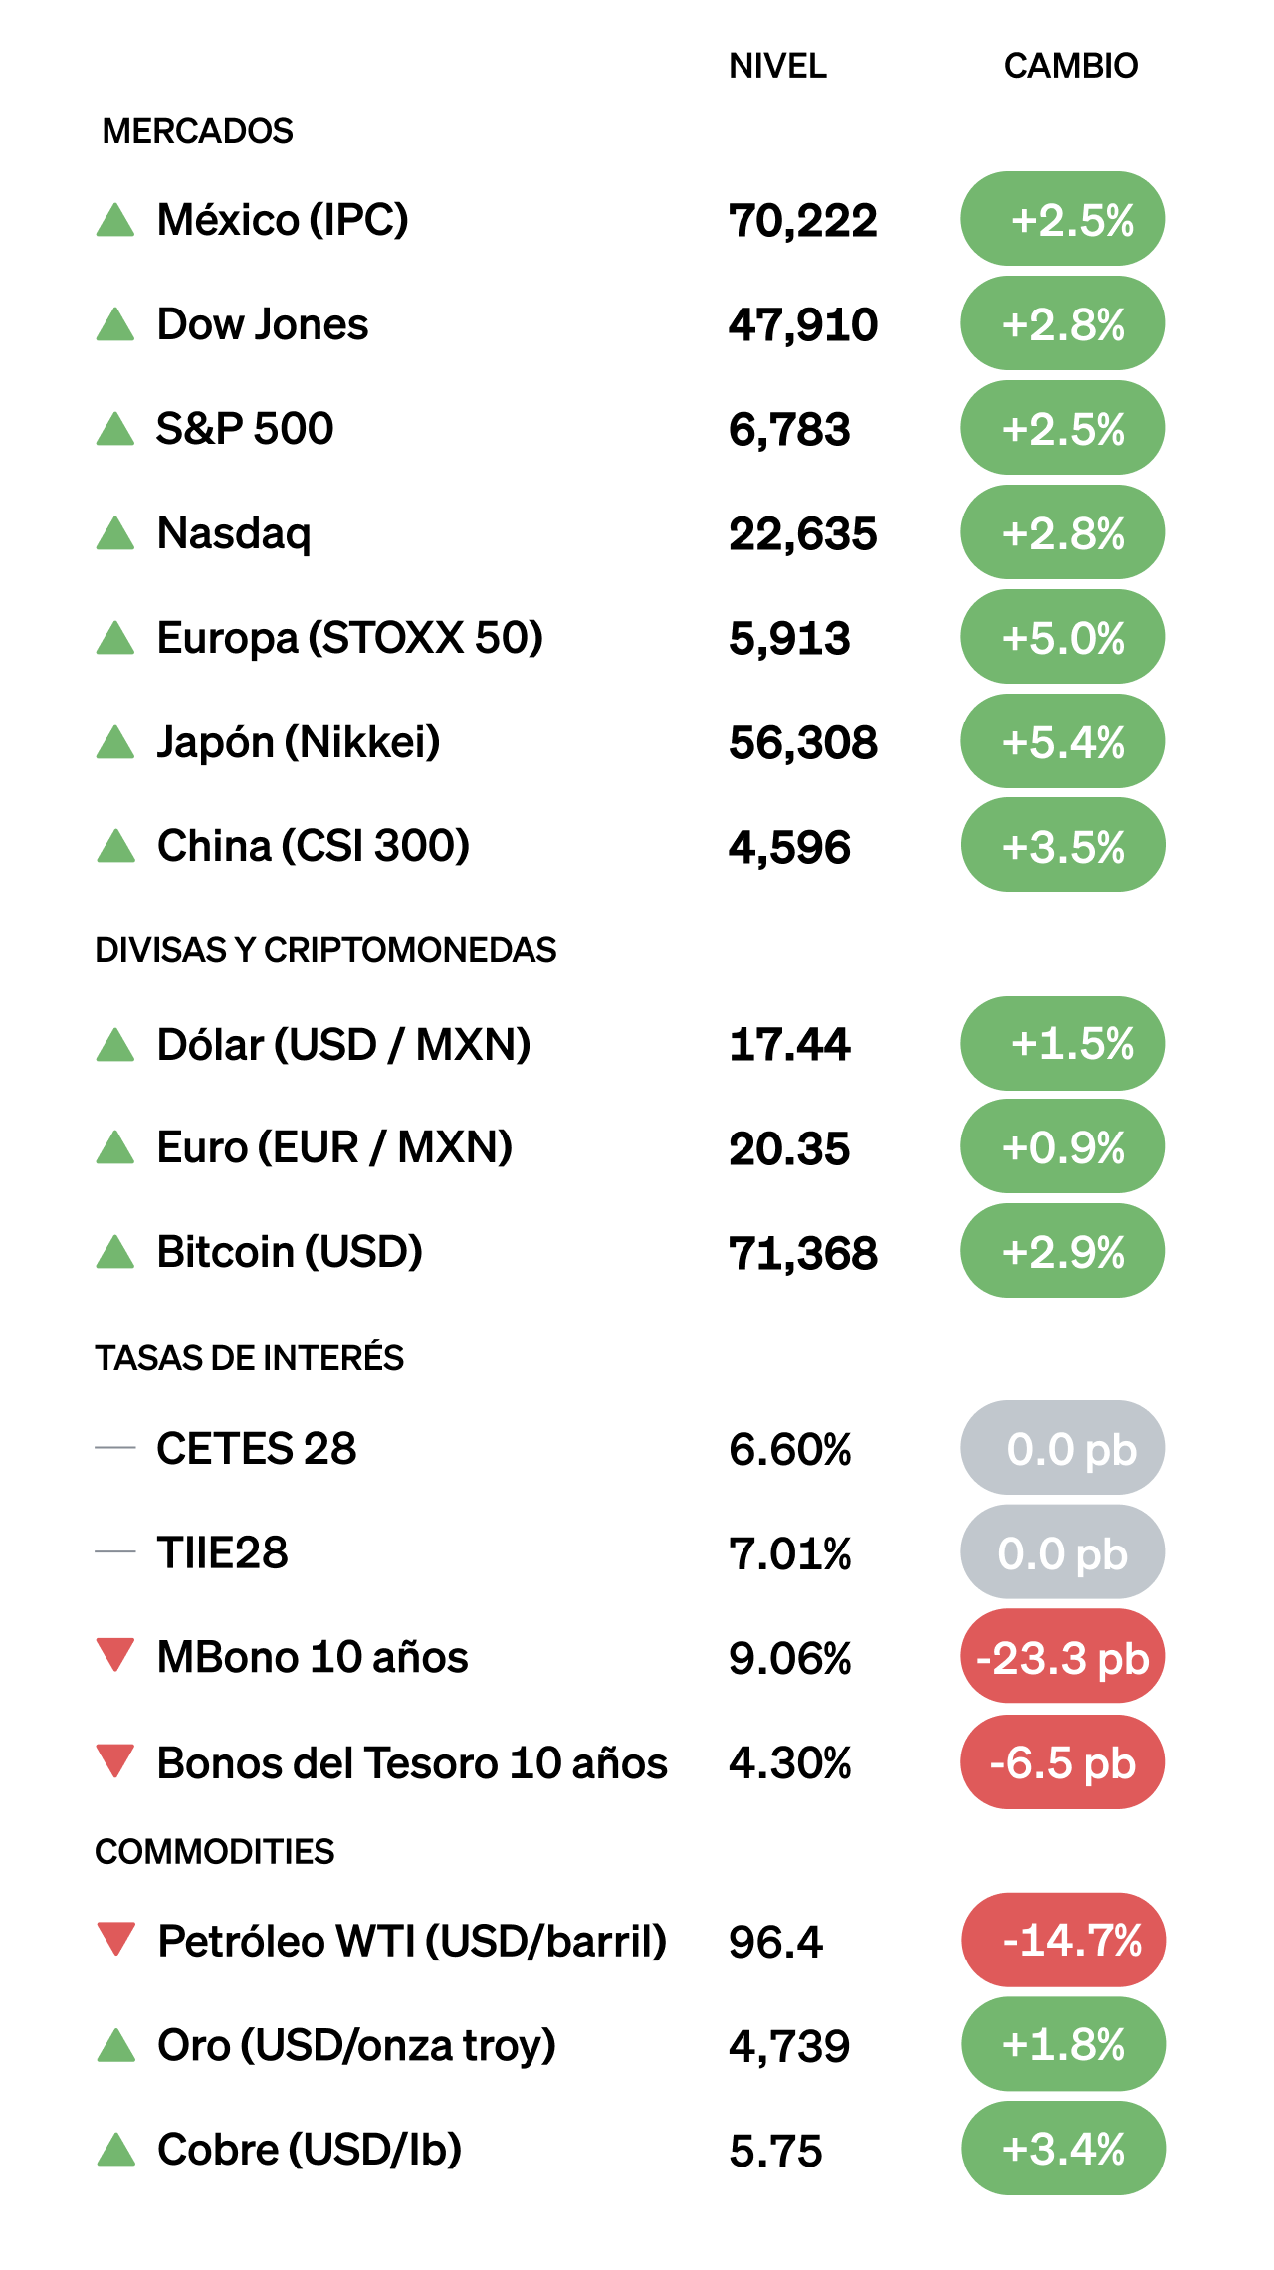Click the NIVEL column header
pyautogui.click(x=777, y=66)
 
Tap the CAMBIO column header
pyautogui.click(x=1070, y=66)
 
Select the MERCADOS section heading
pyautogui.click(x=197, y=131)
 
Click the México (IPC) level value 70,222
pyautogui.click(x=802, y=220)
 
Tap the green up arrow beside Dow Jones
pyautogui.click(x=115, y=324)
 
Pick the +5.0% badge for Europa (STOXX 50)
pyautogui.click(x=1062, y=637)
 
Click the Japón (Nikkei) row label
pyautogui.click(x=298, y=742)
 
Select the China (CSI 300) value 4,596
pyautogui.click(x=789, y=847)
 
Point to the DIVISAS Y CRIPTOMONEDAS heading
pyautogui.click(x=325, y=950)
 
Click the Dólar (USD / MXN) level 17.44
pyautogui.click(x=789, y=1045)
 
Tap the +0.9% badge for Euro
pyautogui.click(x=1062, y=1147)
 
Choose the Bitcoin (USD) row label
pyautogui.click(x=290, y=1252)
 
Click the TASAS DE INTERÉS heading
pyautogui.click(x=249, y=1358)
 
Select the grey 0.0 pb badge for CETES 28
pyautogui.click(x=1062, y=1448)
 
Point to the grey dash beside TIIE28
pyautogui.click(x=115, y=1551)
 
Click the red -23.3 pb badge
pyautogui.click(x=1062, y=1657)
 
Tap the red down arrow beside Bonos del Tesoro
pyautogui.click(x=115, y=1760)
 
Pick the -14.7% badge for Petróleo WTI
pyautogui.click(x=1063, y=1940)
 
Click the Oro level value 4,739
pyautogui.click(x=789, y=2047)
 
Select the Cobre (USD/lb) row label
pyautogui.click(x=309, y=2150)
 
